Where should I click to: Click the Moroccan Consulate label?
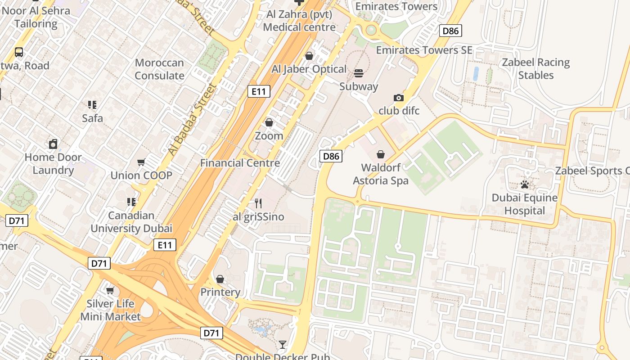tap(159, 69)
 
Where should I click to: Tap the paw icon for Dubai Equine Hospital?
tap(524, 184)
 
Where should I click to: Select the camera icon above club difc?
tap(398, 98)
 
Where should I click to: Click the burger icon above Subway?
tap(359, 73)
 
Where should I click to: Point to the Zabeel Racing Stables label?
tap(535, 68)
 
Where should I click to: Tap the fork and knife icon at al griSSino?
tap(258, 203)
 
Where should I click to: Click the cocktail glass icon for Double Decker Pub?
tap(283, 345)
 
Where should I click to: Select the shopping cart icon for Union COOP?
tap(141, 162)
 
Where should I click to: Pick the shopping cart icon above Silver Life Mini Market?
tap(110, 290)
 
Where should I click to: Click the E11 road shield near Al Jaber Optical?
tap(259, 92)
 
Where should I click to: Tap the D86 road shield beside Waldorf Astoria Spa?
tap(331, 156)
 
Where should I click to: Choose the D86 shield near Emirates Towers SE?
tap(450, 31)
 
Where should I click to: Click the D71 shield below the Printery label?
tap(211, 333)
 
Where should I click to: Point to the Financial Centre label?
tap(240, 163)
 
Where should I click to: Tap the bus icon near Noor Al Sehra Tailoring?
tap(19, 52)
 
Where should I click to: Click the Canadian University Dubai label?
tap(131, 222)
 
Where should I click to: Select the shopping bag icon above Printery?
tap(220, 279)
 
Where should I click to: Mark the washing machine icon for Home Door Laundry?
tap(53, 144)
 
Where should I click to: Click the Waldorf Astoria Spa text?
tap(381, 174)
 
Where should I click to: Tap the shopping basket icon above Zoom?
tap(269, 122)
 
